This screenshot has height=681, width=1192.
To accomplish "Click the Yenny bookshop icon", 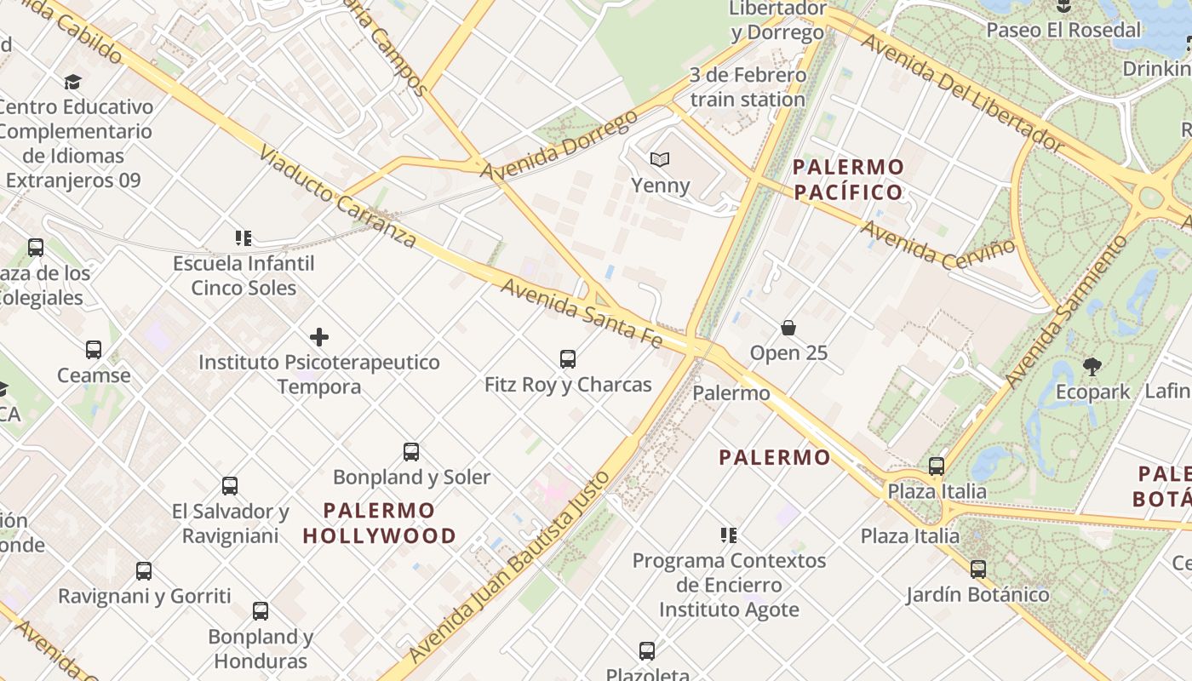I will tap(659, 159).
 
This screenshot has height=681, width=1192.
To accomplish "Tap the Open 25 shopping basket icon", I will tap(788, 328).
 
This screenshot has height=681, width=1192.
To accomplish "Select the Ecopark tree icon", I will tap(1092, 367).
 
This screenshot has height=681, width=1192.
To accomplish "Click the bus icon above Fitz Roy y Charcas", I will tap(568, 359).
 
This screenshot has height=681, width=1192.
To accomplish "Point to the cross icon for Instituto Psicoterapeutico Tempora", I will tap(319, 337).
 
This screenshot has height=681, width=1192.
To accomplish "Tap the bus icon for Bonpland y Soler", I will tap(411, 452).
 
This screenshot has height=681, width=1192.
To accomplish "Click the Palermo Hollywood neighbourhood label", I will tap(380, 523).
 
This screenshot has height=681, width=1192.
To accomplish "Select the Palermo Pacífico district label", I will tap(848, 179).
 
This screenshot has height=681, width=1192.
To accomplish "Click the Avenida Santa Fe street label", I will tap(582, 313).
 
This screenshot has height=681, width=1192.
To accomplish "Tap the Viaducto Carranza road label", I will tap(337, 197).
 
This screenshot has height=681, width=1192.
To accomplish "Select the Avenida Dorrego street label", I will tap(559, 145).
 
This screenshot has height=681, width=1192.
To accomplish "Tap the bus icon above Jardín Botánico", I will tap(978, 569).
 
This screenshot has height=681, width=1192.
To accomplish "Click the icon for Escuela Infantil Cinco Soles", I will tap(244, 238).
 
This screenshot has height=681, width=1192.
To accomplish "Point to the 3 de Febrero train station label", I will tap(748, 87).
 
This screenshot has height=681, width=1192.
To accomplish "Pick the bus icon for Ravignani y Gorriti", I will tap(144, 571).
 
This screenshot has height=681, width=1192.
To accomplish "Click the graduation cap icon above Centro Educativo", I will tap(72, 82).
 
